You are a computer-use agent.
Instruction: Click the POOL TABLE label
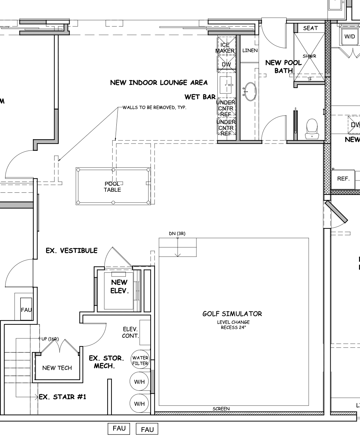(112, 187)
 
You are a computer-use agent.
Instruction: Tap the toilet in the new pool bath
(312, 129)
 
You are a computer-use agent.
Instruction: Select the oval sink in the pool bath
(250, 91)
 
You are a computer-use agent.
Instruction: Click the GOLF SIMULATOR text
(232, 314)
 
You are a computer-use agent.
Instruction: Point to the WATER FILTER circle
(140, 361)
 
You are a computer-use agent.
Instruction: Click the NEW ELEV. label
(120, 286)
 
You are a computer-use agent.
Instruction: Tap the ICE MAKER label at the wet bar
(225, 48)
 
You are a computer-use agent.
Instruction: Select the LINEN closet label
(250, 51)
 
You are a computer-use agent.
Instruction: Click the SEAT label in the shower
(310, 28)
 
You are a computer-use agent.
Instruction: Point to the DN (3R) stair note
(177, 234)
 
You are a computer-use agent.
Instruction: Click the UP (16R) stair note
(50, 339)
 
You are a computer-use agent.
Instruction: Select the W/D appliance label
(350, 37)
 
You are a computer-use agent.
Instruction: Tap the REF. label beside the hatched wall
(343, 179)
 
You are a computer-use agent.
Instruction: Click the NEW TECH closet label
(57, 368)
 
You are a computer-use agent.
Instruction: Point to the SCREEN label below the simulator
(221, 409)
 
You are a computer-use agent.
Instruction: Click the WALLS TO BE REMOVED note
(154, 108)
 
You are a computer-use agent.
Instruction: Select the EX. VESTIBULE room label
(72, 250)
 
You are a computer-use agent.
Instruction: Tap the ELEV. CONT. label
(130, 332)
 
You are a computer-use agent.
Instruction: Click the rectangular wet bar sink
(226, 85)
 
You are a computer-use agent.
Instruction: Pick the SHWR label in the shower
(309, 56)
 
